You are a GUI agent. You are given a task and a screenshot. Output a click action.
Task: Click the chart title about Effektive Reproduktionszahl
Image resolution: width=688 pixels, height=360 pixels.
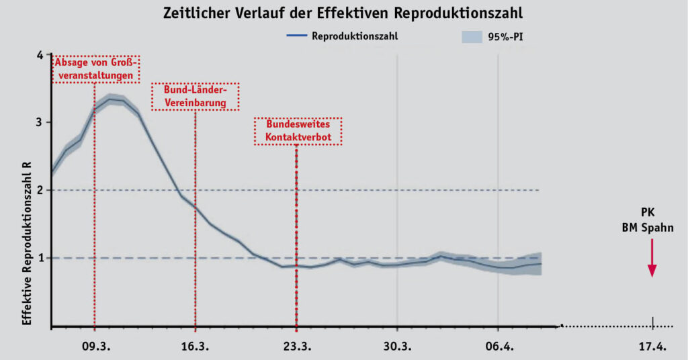(344, 13)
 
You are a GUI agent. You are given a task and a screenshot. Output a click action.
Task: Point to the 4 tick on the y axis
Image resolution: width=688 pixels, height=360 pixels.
(40, 54)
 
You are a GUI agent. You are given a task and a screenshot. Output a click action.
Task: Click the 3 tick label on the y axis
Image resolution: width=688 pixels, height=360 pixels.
(40, 122)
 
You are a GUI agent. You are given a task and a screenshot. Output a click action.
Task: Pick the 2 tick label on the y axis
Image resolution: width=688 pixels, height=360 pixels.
(40, 190)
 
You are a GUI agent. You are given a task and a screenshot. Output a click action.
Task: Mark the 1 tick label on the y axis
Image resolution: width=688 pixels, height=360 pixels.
(40, 258)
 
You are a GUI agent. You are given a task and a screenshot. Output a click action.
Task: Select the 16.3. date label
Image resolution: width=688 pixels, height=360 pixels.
(196, 347)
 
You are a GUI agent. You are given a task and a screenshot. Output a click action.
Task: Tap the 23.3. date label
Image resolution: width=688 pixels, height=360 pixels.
(296, 347)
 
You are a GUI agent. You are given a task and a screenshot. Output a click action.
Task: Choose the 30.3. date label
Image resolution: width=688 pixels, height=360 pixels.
(397, 347)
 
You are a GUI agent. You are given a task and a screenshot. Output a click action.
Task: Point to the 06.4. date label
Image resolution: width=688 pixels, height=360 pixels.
(498, 347)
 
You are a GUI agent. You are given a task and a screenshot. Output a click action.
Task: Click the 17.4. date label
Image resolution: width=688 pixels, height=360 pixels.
(652, 347)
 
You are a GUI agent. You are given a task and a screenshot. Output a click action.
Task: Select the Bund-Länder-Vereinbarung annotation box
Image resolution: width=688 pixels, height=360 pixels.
(196, 97)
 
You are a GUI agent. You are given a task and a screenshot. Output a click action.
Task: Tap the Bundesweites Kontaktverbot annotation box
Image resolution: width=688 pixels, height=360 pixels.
(298, 131)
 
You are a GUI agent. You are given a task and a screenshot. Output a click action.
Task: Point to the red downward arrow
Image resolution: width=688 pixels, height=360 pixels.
(651, 261)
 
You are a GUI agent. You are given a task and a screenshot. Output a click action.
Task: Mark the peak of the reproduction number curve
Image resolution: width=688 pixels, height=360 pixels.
(110, 99)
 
